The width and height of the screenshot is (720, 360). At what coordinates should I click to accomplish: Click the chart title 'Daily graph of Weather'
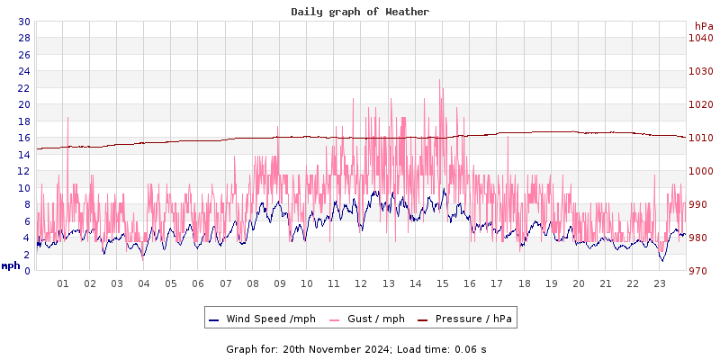click(x=360, y=12)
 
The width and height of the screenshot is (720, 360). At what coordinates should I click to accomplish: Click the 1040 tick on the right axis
click(x=701, y=38)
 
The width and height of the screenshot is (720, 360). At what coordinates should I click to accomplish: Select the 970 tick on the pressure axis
click(x=701, y=271)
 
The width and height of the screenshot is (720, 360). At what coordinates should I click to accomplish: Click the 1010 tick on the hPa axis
click(x=701, y=138)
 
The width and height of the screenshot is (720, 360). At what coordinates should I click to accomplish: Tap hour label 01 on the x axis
click(x=63, y=283)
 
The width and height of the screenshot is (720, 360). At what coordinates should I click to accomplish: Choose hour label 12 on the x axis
click(x=361, y=283)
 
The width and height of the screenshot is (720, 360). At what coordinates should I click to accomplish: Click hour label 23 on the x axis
click(x=660, y=283)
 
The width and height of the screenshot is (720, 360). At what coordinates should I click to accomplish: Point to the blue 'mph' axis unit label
click(x=11, y=265)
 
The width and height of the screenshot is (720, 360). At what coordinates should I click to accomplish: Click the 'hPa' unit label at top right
click(x=703, y=26)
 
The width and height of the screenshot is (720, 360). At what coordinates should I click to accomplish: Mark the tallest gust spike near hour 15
click(x=440, y=81)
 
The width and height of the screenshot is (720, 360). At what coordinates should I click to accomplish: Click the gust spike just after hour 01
click(x=67, y=119)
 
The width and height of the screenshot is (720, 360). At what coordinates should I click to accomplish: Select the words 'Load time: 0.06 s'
click(x=442, y=349)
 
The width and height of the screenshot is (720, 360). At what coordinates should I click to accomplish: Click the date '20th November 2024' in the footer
click(x=337, y=349)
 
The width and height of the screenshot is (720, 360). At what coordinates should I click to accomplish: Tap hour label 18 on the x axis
click(x=524, y=283)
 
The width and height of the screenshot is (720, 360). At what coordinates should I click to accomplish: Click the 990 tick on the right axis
click(x=701, y=204)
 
